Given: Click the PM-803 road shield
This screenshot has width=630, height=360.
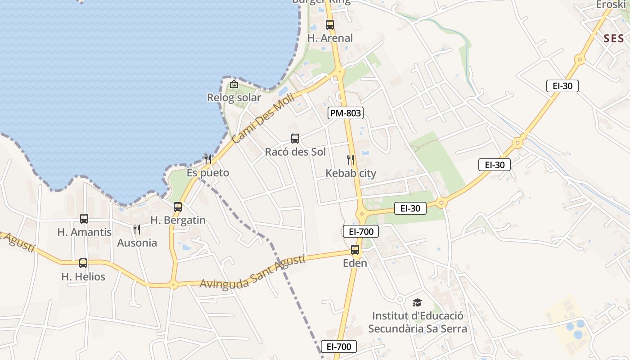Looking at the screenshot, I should coord(346,113).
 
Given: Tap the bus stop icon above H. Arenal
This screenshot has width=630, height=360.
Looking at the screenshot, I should coord(330,25).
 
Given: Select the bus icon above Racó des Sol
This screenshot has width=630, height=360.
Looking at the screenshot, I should coord(295,139).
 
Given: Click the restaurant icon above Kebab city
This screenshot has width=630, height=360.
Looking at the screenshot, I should coord(351,160).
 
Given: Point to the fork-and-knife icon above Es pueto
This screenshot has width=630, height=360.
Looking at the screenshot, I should coord(208,159).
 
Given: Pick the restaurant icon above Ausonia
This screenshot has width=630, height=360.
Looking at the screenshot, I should coord(137,229).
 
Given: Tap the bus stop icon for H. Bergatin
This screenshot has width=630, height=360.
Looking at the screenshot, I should coord(178,207).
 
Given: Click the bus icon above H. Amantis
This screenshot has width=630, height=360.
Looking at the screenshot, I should coord(84,219).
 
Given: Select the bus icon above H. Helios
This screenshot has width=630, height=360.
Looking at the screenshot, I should coord(83,263).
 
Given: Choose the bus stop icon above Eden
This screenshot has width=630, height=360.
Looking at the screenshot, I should coord(355,250).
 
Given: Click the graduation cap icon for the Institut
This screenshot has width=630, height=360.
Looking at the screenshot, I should coord(418,302).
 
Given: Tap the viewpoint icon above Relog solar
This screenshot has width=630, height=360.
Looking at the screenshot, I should coord(234,84).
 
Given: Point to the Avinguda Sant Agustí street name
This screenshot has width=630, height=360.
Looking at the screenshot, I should coord(252,272).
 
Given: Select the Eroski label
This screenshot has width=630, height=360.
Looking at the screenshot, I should coord(611,4).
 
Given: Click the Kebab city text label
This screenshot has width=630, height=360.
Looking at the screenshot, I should coord(351,173).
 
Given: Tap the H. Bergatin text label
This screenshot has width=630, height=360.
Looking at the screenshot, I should coord(178,220).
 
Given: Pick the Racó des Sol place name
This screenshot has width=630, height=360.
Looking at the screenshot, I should coord(295,152).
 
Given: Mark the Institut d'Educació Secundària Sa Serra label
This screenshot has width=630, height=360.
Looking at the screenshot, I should coord(418,322).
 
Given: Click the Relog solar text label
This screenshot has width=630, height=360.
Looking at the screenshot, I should coord(234,98).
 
